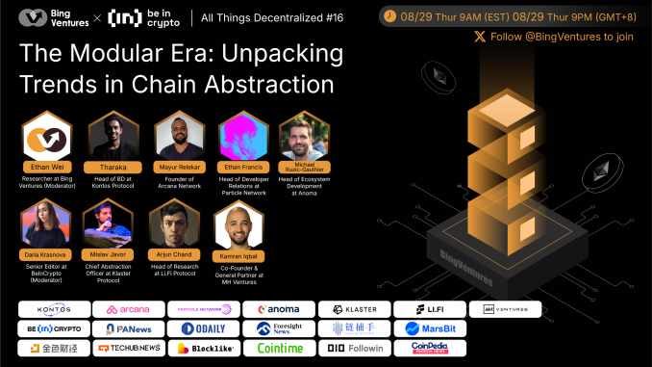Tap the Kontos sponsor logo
coord(52,309)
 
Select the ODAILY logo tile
coord(203,328)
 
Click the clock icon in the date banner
coord(389,15)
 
